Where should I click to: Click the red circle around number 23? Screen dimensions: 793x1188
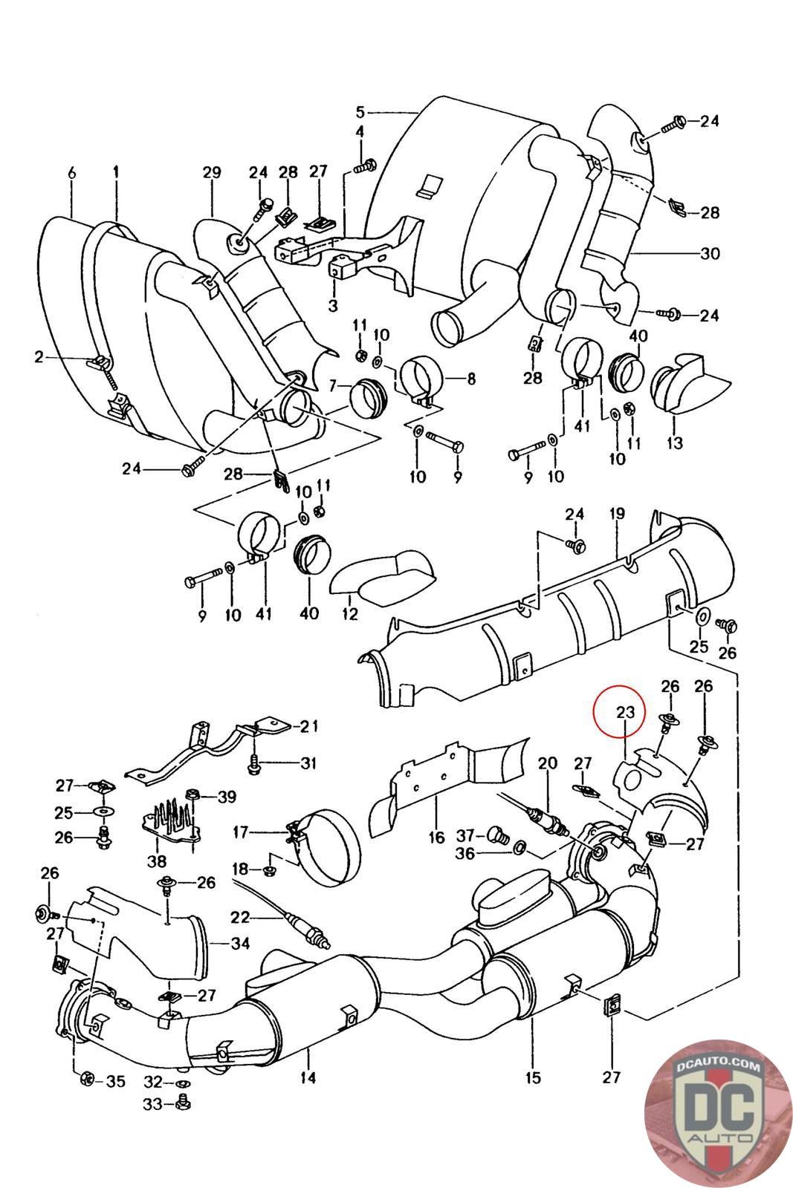619,712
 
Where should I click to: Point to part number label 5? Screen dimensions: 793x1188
360,112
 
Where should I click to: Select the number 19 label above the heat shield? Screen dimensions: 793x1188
617,513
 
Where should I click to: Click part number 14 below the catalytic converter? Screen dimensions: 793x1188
308,1077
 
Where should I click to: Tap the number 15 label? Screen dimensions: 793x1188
533,1077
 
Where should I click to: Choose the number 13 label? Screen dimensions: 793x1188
675,443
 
